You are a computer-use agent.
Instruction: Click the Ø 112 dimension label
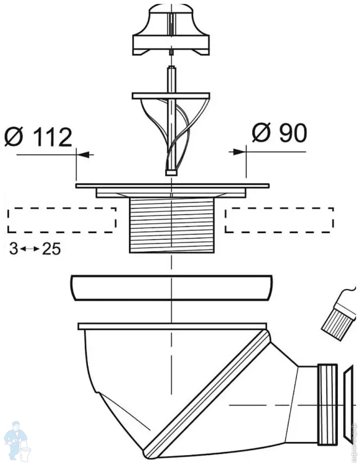[x=38, y=137]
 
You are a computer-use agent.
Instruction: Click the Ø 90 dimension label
[x=279, y=134]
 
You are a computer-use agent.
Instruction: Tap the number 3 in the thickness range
[x=14, y=249]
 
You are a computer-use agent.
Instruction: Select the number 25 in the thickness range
[x=52, y=249]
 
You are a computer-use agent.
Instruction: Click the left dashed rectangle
[x=62, y=220]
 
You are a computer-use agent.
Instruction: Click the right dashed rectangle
[x=279, y=220]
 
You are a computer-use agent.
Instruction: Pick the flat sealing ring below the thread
[x=171, y=288]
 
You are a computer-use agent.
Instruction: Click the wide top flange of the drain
[x=172, y=186]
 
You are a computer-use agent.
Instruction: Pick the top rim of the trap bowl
[x=172, y=326]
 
